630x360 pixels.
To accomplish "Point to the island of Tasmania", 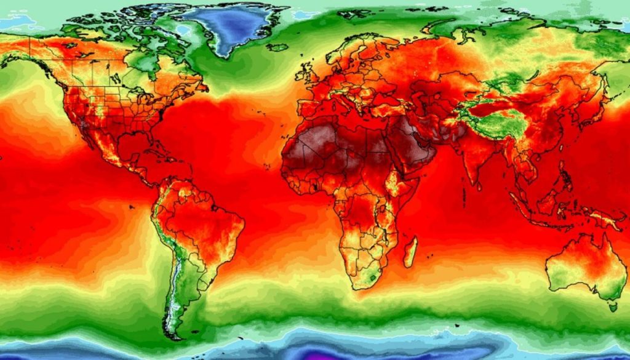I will click(x=612, y=305).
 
